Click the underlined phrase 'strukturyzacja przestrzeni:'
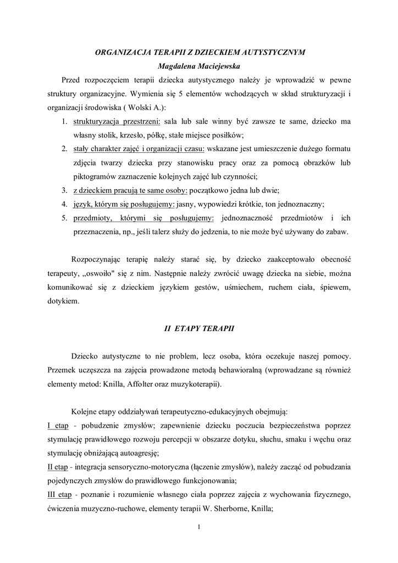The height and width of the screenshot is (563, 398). [117, 121]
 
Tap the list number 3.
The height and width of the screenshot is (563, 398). [64, 191]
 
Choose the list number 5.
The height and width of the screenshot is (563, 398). [64, 218]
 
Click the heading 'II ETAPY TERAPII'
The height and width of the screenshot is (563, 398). [199, 328]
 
